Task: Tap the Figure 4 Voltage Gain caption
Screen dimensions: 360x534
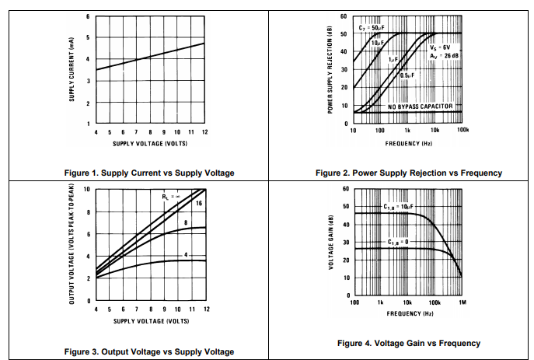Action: click(409, 343)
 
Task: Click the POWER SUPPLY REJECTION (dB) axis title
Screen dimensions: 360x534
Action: click(330, 71)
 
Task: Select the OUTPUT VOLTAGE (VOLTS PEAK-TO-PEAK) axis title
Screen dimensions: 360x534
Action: click(72, 243)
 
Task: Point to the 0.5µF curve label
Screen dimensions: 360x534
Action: click(407, 75)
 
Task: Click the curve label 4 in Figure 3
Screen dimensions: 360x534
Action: click(187, 255)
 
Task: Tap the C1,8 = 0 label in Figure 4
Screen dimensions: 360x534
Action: click(400, 243)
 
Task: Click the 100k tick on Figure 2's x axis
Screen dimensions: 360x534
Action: click(462, 131)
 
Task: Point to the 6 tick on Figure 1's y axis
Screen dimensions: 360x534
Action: click(87, 16)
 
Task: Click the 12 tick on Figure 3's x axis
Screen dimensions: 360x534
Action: click(205, 309)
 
